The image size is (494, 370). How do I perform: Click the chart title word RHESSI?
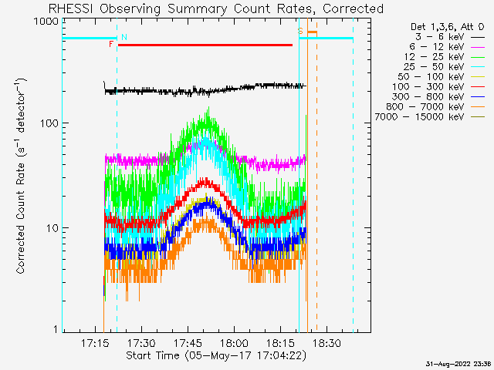[x=71, y=8]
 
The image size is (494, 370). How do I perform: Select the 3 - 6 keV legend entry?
[x=449, y=37]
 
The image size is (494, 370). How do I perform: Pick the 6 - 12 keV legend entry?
[x=447, y=47]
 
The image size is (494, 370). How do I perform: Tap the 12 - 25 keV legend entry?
[x=445, y=57]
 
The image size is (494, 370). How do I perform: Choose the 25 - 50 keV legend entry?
[x=445, y=67]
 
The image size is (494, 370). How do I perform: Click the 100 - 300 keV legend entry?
[x=438, y=87]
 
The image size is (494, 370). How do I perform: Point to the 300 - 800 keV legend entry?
[x=438, y=97]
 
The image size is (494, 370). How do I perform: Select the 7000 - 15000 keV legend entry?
[x=430, y=117]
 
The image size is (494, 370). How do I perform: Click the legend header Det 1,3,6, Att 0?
[x=448, y=27]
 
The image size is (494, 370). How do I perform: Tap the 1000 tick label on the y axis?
[x=46, y=22]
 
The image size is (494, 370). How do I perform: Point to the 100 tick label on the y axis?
[x=49, y=123]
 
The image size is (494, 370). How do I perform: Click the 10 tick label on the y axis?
[x=52, y=228]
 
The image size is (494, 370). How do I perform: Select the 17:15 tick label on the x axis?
[x=95, y=343]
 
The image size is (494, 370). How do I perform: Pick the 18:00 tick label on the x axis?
[x=234, y=343]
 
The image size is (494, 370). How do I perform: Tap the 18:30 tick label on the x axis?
[x=327, y=343]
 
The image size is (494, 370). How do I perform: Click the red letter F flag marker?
[x=111, y=45]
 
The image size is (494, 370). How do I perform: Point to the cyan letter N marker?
[x=124, y=37]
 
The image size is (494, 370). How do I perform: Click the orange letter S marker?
[x=300, y=31]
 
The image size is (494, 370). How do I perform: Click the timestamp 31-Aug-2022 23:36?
[x=458, y=364]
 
